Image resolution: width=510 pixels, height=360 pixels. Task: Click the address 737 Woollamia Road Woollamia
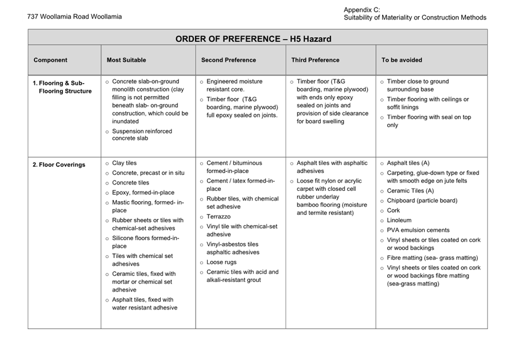[x=74, y=17]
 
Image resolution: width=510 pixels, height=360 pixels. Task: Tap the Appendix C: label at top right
[x=361, y=10]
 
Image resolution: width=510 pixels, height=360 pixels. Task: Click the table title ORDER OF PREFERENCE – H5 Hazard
[x=253, y=39]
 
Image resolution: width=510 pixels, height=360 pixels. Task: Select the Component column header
[x=50, y=60]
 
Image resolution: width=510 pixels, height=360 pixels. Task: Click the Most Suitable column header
[x=126, y=60]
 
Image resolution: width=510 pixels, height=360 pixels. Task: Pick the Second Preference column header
[x=228, y=60]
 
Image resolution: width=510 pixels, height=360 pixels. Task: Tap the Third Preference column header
[x=315, y=60]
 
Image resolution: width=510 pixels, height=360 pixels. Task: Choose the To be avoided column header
[x=402, y=60]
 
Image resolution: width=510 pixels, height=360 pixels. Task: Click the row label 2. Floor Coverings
[x=59, y=165]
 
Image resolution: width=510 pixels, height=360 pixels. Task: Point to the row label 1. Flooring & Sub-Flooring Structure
[x=62, y=87]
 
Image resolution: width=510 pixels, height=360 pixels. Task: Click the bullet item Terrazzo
[x=219, y=217]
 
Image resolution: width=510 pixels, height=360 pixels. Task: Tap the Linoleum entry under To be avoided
[x=399, y=220]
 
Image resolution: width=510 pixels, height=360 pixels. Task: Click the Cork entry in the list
[x=393, y=210]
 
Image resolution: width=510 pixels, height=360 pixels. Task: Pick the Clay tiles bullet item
[x=124, y=163]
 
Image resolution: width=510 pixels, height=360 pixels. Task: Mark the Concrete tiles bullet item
[x=130, y=183]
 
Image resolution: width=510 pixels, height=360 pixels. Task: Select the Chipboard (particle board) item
[x=422, y=201]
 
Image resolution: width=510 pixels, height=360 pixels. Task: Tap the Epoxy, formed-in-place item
[x=143, y=193]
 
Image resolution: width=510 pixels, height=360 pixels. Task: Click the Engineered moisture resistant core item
[x=234, y=85]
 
